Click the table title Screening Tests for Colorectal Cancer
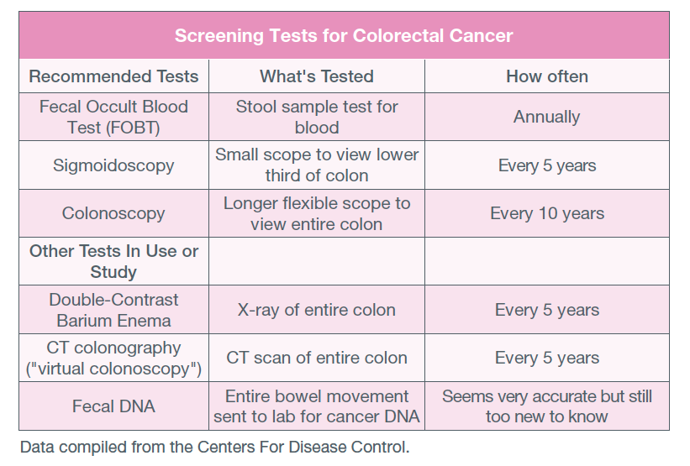[x=344, y=35]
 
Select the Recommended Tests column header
[x=113, y=76]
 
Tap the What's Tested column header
[x=316, y=76]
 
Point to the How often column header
[x=547, y=76]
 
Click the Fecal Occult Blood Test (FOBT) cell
[x=113, y=117]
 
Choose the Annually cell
[x=546, y=117]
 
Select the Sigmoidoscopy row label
[x=113, y=165]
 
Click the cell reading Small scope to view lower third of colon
[x=317, y=165]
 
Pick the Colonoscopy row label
[x=113, y=213]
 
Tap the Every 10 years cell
[x=547, y=213]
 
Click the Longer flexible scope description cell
[x=317, y=213]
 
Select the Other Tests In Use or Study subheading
[x=113, y=261]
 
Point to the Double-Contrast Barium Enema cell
[x=113, y=310]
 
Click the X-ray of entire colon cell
[x=316, y=310]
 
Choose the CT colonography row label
[x=113, y=358]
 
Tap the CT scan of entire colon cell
[x=317, y=358]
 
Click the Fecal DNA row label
[x=113, y=406]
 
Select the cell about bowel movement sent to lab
[x=317, y=406]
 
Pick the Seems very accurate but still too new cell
[x=547, y=406]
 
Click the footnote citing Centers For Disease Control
[x=215, y=447]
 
